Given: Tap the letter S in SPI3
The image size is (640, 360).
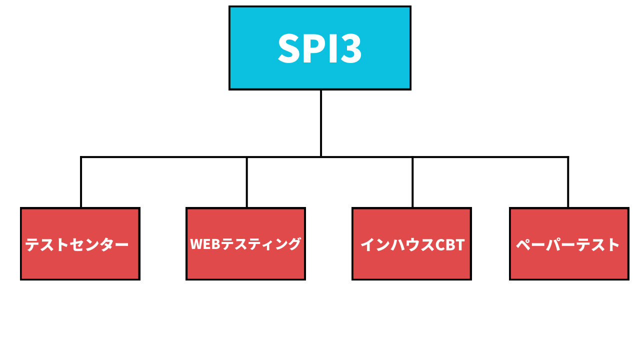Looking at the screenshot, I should coord(288,48).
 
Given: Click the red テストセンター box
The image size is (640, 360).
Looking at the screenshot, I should coord(80,265).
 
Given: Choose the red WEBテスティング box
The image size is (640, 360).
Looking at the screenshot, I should coord(245,265).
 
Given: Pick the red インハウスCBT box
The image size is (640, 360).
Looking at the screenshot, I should coord(411,265).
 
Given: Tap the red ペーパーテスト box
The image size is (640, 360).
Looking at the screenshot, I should coord(569,265).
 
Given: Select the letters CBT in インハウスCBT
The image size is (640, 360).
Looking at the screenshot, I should coord(450,244).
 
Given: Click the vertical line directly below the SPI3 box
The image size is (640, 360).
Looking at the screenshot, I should coord(320,122).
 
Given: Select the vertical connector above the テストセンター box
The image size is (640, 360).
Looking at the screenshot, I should coord(81,182).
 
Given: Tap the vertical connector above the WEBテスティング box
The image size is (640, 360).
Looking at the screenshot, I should coord(247,182).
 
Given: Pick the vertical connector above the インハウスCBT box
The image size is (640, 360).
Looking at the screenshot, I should coord(412,182).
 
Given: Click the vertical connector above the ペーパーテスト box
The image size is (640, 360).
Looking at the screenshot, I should coord(568,182).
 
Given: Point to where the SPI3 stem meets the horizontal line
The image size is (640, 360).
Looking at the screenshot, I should coord(320,157).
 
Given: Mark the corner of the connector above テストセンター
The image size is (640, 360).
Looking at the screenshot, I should coord(81,157).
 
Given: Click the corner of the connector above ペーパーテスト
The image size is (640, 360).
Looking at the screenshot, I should coord(568,157).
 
